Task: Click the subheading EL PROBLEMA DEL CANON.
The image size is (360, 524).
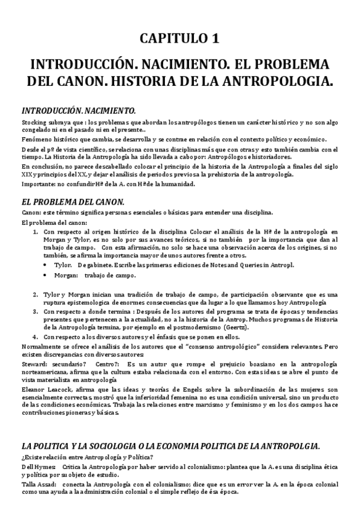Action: [73, 201]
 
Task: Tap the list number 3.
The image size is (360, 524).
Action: [35, 312]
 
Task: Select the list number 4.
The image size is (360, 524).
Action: [35, 337]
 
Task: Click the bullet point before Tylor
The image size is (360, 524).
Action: [46, 264]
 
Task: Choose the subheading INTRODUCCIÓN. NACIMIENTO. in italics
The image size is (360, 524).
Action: [78, 111]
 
